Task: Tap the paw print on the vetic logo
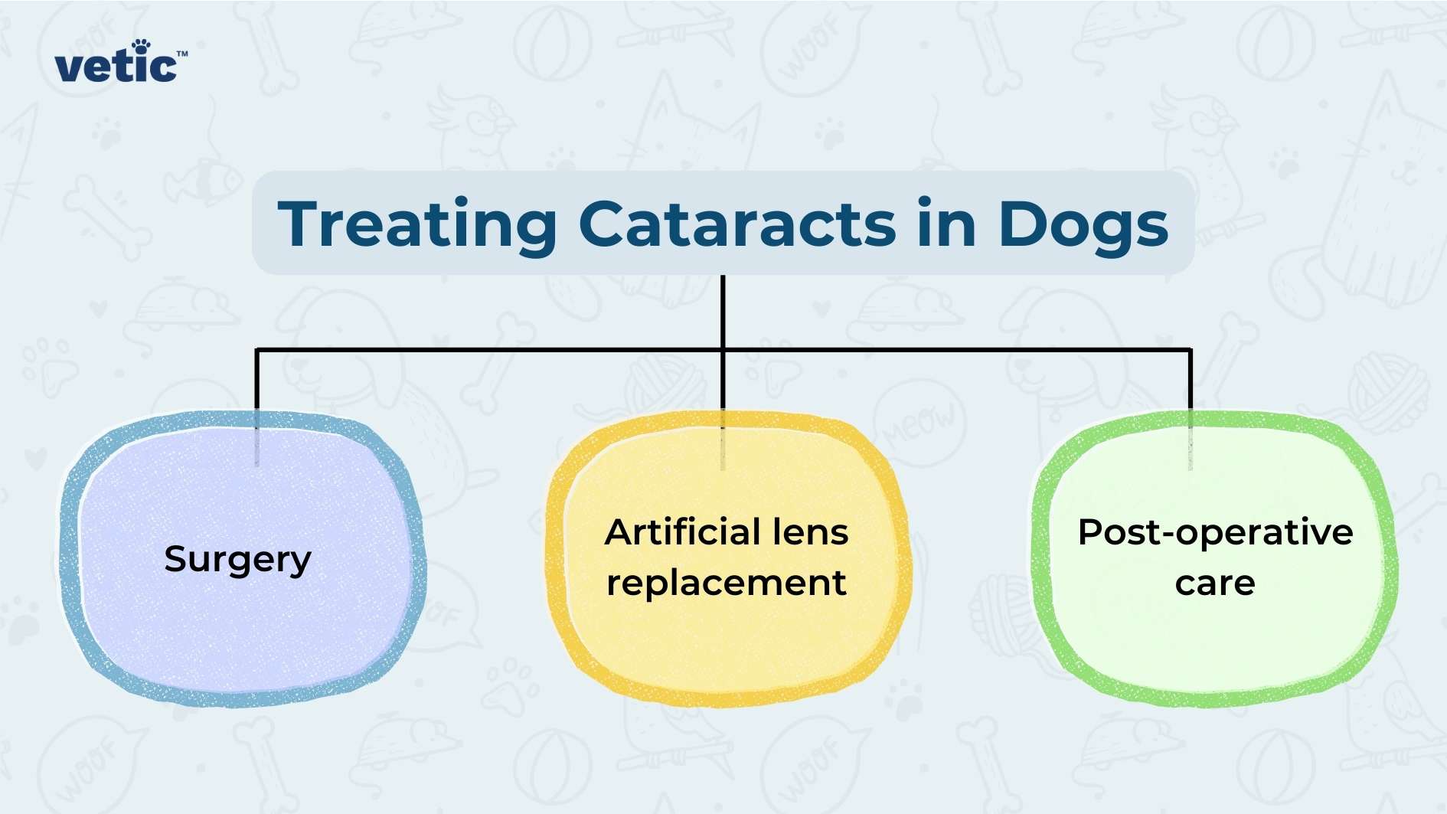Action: click(141, 45)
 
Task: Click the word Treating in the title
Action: click(417, 224)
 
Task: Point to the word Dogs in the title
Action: click(1083, 226)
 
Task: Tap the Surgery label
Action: click(238, 559)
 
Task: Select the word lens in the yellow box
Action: click(811, 531)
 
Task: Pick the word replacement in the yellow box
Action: click(727, 584)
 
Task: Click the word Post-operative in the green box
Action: click(1215, 532)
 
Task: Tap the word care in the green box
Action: click(1215, 584)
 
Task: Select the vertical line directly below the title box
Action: click(723, 310)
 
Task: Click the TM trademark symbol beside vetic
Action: click(182, 54)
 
